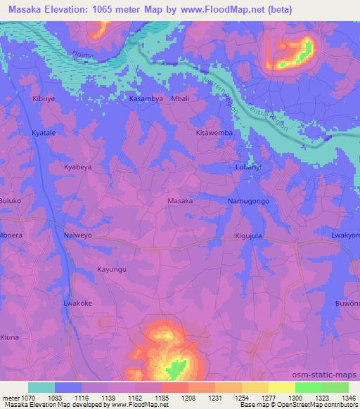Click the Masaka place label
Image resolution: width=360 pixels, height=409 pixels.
(x=180, y=201)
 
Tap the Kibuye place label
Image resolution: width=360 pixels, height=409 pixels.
(x=43, y=99)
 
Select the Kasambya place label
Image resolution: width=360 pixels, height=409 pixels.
(x=146, y=99)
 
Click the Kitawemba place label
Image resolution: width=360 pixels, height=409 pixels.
(x=214, y=132)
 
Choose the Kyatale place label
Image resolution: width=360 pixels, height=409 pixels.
(x=44, y=132)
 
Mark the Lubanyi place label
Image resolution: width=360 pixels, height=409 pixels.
(x=247, y=167)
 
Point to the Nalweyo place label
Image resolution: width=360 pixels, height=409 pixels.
(x=78, y=235)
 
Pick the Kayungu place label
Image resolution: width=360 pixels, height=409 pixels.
(x=112, y=269)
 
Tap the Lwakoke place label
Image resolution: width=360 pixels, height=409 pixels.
(x=78, y=303)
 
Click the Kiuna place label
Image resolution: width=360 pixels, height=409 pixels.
(x=10, y=337)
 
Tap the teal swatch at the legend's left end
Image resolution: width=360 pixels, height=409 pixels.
(x=41, y=387)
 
